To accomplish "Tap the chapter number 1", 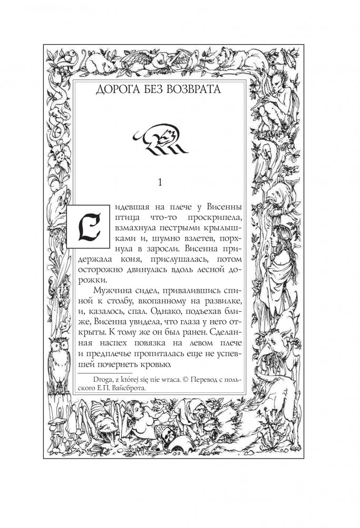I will tap(160, 183).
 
